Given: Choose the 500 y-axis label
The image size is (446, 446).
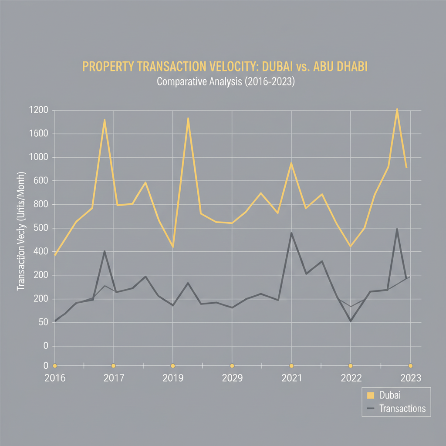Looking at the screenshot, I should coord(40,229).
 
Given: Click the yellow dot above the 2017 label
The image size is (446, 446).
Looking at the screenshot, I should coord(113,366).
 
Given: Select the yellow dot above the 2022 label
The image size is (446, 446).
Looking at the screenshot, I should coord(351,366).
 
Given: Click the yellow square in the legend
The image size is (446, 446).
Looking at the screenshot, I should coord(371,395).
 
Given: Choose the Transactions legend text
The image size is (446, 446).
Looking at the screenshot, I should coord(402,409).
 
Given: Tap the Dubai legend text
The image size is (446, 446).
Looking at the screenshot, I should coord(390,395).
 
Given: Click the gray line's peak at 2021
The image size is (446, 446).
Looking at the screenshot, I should coord(291,233).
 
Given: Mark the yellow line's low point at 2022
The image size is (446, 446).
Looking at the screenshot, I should coord(350,247).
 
